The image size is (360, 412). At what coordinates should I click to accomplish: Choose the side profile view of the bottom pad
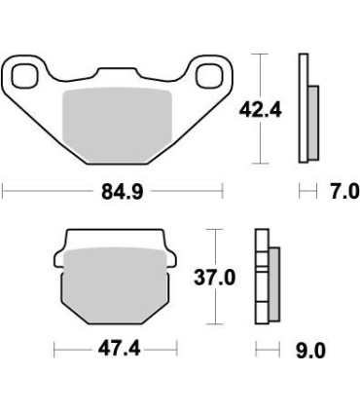[x=266, y=280]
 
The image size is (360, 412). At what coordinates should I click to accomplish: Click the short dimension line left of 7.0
[x=309, y=192]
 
